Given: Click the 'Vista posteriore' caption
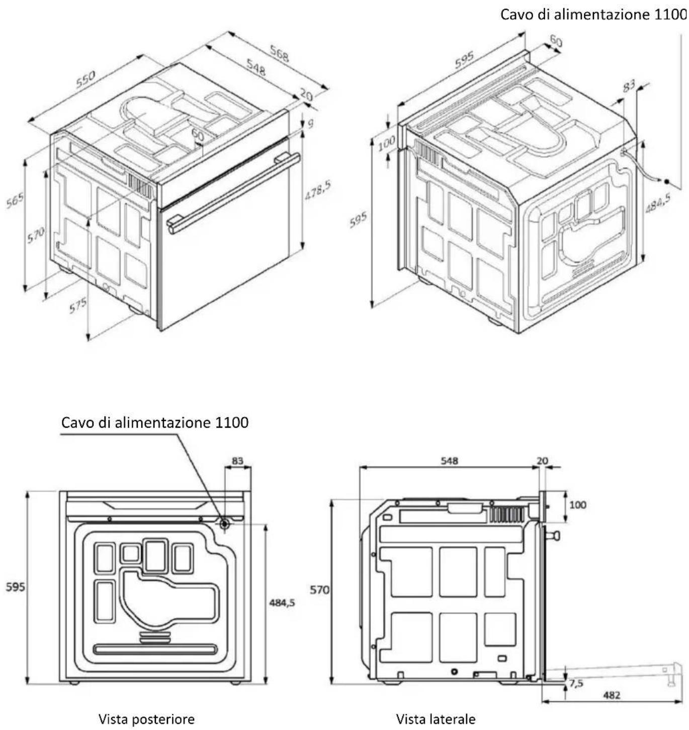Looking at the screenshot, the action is coord(146,719).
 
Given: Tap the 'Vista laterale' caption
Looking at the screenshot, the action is coord(436,718).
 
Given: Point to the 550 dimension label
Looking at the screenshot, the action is coord(85,80).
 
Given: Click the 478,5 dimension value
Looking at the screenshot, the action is coord(318,191).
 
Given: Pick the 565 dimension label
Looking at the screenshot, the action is coord(16,200).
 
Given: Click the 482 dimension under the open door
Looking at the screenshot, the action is coord(612,695).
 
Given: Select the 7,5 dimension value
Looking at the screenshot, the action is coord(576,683).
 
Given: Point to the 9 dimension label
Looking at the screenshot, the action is coord(310,123).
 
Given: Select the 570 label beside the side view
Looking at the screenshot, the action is coord(319,590).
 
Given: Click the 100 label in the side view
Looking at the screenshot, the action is coord(578,505).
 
